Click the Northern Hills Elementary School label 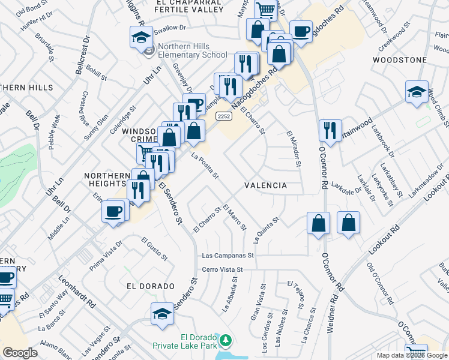[x=193, y=55]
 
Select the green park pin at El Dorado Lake [x=226, y=341]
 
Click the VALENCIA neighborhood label [x=265, y=186]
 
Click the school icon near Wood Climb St [x=417, y=92]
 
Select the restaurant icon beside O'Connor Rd [x=330, y=130]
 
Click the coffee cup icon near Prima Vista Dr [x=113, y=211]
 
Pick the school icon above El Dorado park [x=162, y=314]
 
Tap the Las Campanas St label [x=229, y=255]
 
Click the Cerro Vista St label [x=222, y=270]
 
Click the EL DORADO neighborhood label [x=142, y=286]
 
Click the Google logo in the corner [x=20, y=353]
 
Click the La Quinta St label [x=267, y=230]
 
